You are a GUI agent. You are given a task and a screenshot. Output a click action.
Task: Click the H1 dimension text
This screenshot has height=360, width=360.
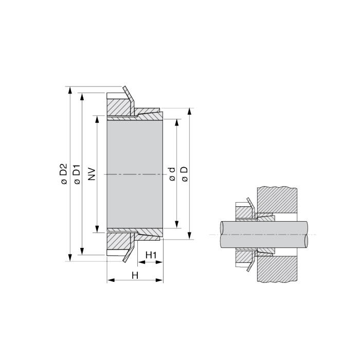[x=151, y=255]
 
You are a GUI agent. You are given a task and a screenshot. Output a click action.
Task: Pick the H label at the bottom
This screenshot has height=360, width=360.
[x=135, y=275]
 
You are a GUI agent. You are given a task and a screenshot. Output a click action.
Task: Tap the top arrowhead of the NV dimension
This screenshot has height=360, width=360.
[x=96, y=119]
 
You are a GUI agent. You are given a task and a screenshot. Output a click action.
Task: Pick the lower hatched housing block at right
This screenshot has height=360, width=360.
[x=278, y=269]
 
